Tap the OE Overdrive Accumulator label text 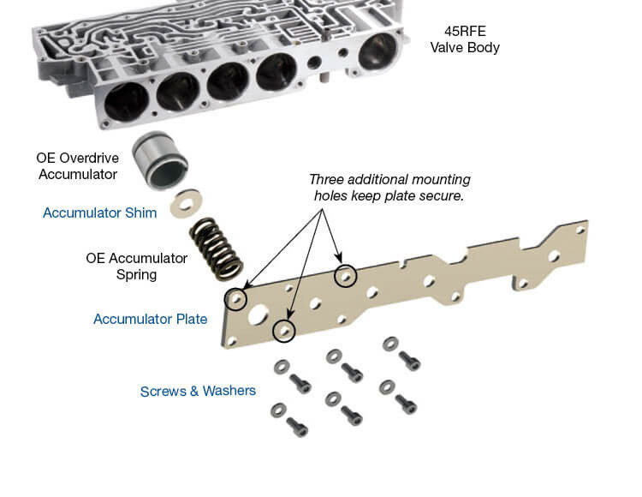[76, 166]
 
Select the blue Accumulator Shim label [99, 213]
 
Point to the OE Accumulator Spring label [136, 266]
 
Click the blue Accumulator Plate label [150, 320]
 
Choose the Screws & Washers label [198, 391]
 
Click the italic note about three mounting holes [389, 188]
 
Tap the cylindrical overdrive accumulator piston [160, 160]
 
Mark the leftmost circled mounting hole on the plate [235, 299]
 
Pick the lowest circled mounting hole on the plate [284, 330]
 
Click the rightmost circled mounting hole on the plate [345, 277]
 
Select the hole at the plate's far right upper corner [581, 230]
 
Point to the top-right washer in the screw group [389, 343]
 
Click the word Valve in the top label [450, 47]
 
